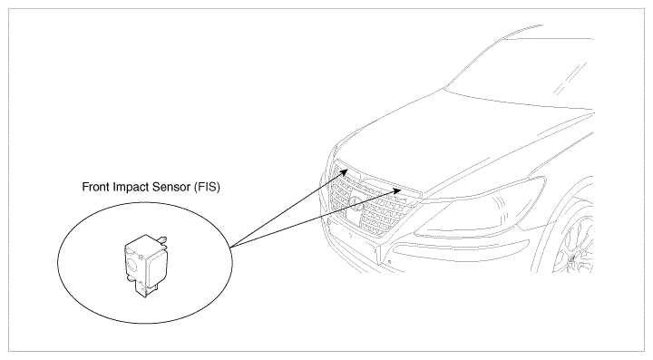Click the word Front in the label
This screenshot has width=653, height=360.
(x=94, y=187)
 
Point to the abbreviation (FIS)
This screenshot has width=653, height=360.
(x=207, y=188)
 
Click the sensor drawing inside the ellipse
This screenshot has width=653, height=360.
(x=146, y=266)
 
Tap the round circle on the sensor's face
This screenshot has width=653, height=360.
(x=133, y=264)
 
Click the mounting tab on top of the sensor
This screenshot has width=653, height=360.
(x=162, y=239)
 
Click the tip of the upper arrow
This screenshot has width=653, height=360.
(x=348, y=170)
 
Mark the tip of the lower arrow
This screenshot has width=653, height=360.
(x=402, y=190)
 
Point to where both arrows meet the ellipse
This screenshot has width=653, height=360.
(x=230, y=248)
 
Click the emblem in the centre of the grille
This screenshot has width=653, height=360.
(x=356, y=204)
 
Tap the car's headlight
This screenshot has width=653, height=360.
(x=483, y=207)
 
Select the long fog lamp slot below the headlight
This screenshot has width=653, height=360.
(x=458, y=249)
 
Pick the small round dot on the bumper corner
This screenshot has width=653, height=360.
(x=389, y=262)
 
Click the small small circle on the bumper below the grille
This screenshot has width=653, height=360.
(x=351, y=235)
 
